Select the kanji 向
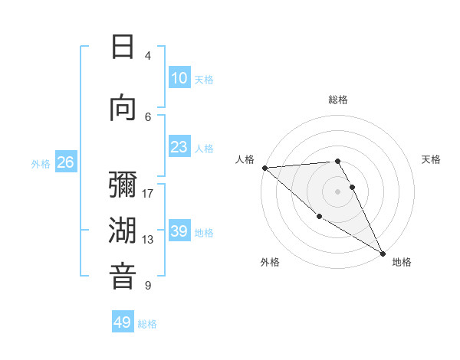click(x=123, y=107)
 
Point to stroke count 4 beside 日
click(x=148, y=55)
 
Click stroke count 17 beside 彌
click(x=148, y=193)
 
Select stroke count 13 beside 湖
click(x=148, y=240)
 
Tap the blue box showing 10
click(x=179, y=78)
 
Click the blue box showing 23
click(x=179, y=147)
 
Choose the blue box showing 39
click(x=179, y=231)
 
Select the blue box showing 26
click(x=65, y=162)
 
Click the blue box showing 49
click(x=123, y=322)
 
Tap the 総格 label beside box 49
click(x=147, y=324)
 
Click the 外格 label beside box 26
click(x=40, y=164)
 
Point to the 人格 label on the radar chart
click(x=245, y=159)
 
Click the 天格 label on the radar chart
click(x=432, y=159)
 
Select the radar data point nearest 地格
click(x=382, y=253)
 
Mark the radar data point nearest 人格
click(x=264, y=168)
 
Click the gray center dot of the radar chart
click(x=338, y=191)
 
